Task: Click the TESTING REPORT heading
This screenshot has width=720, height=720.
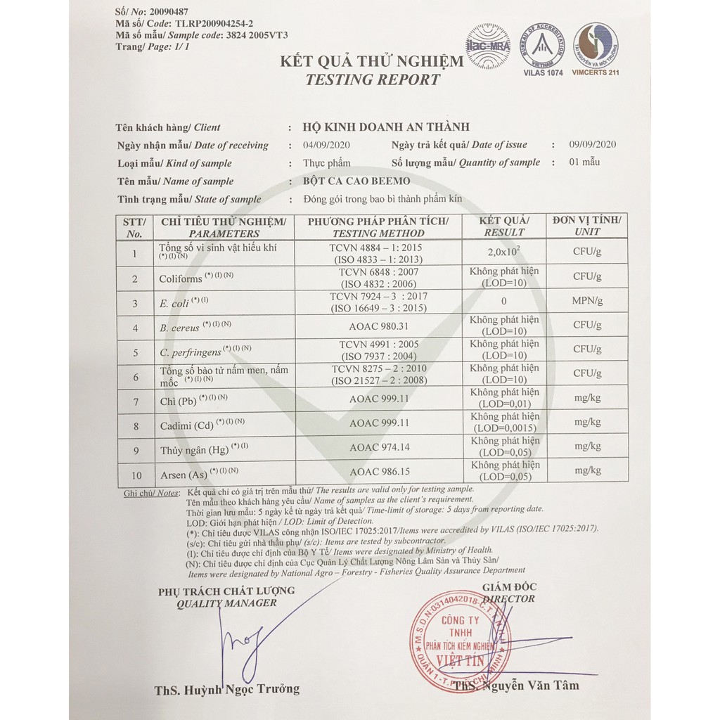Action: click(372, 79)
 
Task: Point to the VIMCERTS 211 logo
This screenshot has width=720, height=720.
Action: click(595, 43)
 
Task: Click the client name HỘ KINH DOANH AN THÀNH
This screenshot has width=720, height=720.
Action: click(386, 127)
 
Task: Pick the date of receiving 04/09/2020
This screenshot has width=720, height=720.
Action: click(326, 145)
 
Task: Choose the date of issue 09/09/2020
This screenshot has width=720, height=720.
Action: click(593, 144)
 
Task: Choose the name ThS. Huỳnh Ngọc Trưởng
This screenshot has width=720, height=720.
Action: click(226, 688)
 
